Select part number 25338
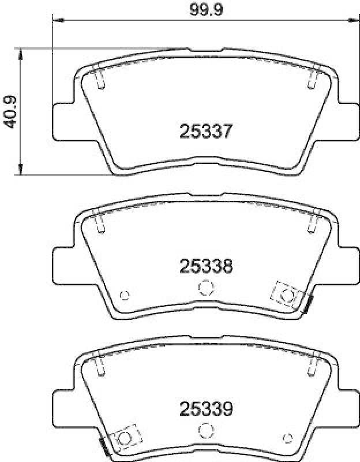coord(206,266)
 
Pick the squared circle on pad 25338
coord(287,295)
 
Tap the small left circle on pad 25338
coord(124,295)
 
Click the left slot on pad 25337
coord(99,80)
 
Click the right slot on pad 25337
coord(313,80)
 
